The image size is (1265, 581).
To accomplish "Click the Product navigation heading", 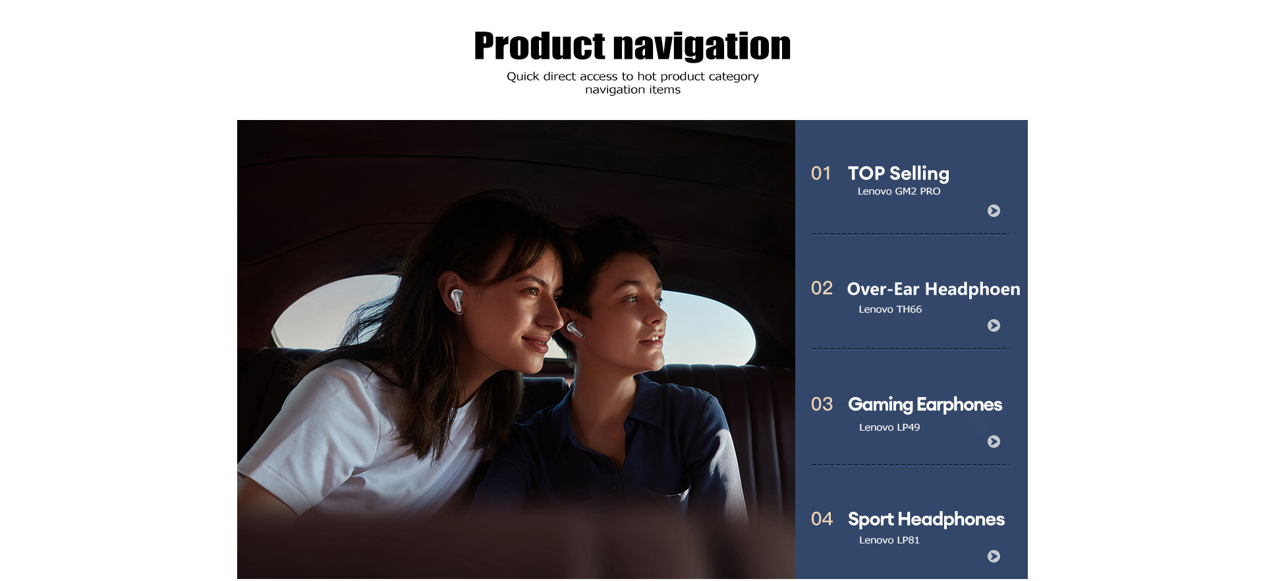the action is coord(632,46).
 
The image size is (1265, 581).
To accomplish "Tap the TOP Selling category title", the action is coord(899,173).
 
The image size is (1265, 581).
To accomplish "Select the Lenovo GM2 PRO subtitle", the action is coord(899,191).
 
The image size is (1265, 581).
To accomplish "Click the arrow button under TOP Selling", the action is coord(994,210).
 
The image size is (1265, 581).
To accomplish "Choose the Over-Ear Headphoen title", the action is coord(934,289).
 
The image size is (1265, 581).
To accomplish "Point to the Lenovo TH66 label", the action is coord(890,309).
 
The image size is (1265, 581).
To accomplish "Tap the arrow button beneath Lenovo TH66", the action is coord(994,325).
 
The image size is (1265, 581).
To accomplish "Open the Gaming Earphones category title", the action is coord(925,404).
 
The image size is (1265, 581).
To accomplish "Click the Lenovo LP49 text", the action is coord(889,427).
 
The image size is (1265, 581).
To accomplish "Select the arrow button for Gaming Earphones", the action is coord(994,441).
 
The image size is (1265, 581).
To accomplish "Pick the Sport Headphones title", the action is coord(926,520).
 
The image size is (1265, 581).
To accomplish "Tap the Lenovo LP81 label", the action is coord(889,540).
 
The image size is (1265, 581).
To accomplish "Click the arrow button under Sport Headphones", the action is coord(994,556).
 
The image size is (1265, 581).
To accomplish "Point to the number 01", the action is coord(821,173).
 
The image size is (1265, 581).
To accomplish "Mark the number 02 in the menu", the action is coord(822,288).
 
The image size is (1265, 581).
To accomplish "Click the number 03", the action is coord(822,404).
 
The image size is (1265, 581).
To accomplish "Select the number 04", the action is coord(822,519).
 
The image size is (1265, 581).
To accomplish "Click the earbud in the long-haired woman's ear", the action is coord(456,301).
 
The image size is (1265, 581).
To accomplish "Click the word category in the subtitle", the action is coord(733,76).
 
